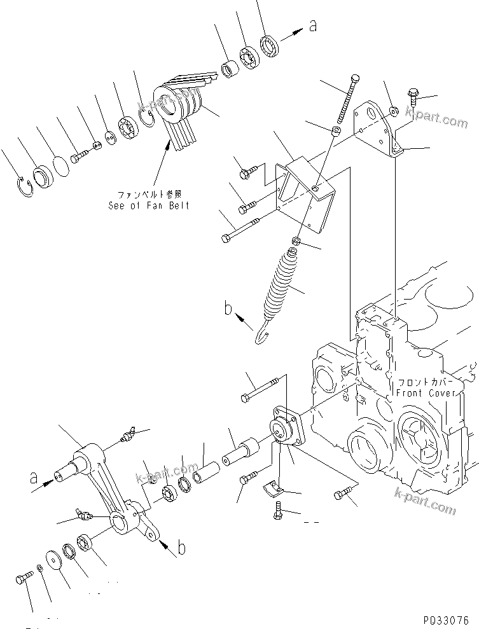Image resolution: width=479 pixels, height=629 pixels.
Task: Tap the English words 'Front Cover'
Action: click(426, 394)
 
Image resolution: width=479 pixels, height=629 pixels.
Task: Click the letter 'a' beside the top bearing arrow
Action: click(312, 26)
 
